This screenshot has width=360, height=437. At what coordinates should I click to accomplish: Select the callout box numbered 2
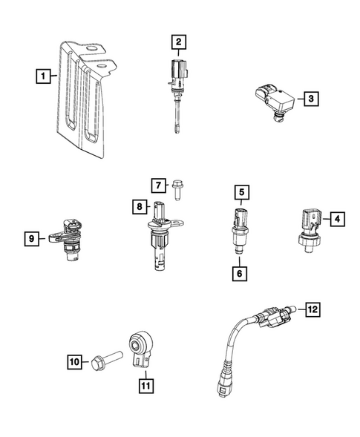pyautogui.click(x=178, y=42)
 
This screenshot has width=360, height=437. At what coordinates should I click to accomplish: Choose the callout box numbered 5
pyautogui.click(x=241, y=193)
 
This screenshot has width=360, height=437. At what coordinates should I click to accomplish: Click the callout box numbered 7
pyautogui.click(x=158, y=184)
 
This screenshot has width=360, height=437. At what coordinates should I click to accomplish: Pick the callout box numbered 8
pyautogui.click(x=138, y=206)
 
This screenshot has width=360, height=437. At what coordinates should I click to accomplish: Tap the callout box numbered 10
pyautogui.click(x=73, y=362)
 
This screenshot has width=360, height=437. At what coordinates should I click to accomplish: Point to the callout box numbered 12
pyautogui.click(x=312, y=308)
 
